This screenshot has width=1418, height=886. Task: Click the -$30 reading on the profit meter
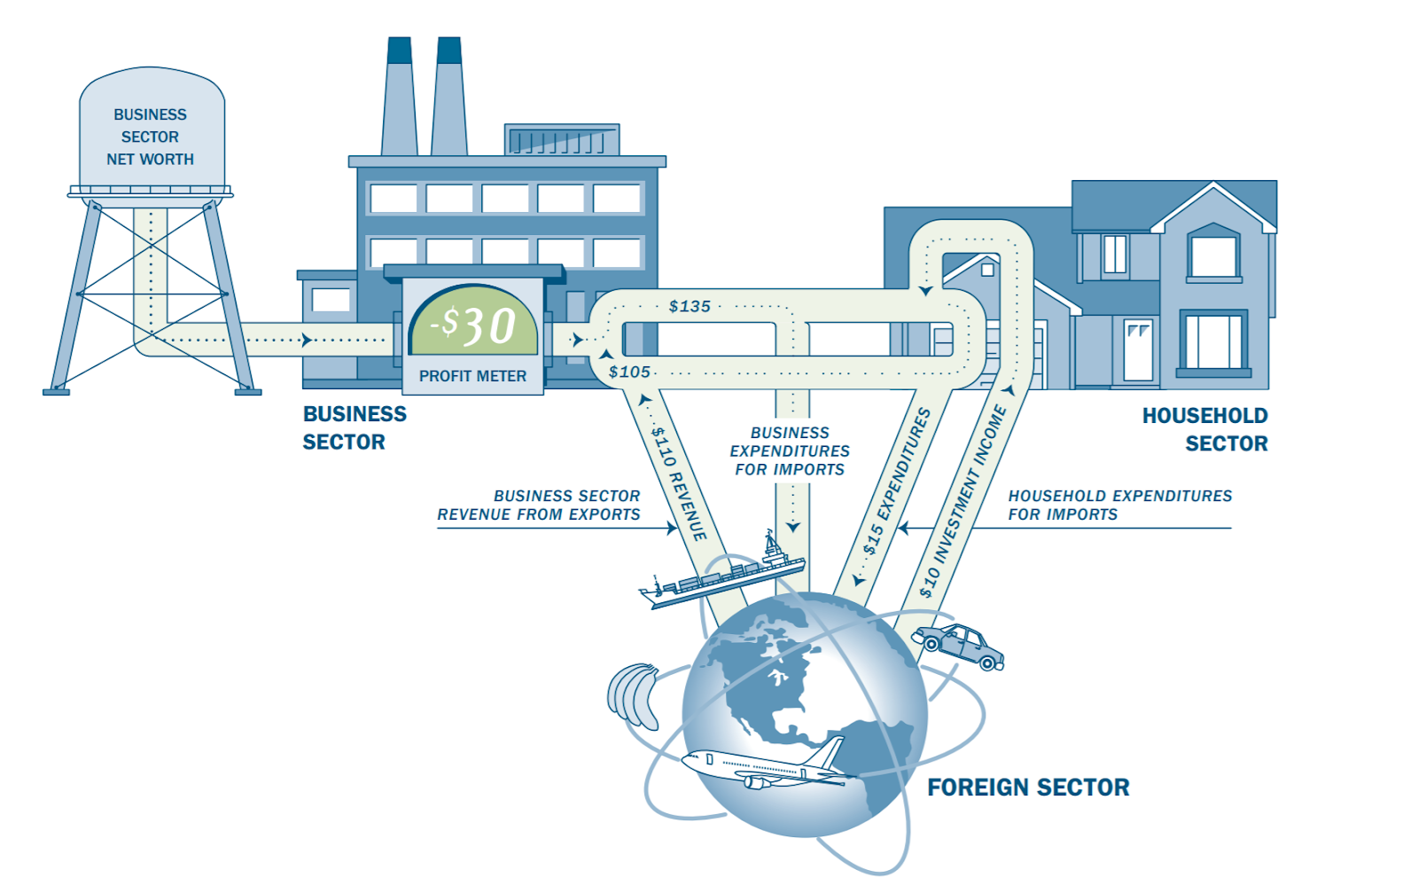click(473, 325)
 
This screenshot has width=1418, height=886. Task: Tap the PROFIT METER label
click(472, 376)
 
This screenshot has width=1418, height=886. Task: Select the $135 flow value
click(690, 307)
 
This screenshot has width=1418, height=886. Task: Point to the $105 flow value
click(629, 372)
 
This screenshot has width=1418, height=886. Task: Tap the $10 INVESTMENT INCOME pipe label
click(963, 501)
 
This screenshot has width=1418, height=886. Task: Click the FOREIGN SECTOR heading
click(1028, 788)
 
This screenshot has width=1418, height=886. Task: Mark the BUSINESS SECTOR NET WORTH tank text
click(150, 137)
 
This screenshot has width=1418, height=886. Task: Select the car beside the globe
click(959, 646)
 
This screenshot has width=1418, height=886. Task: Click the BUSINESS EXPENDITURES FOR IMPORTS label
click(790, 451)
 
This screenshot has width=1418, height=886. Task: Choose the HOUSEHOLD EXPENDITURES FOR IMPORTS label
click(1119, 505)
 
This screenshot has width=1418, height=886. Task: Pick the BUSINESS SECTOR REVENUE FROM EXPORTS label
click(539, 505)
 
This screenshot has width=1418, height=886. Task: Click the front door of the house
click(1138, 350)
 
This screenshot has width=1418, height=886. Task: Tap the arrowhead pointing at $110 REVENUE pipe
click(672, 528)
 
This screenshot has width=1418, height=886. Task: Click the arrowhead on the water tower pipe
click(307, 340)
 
